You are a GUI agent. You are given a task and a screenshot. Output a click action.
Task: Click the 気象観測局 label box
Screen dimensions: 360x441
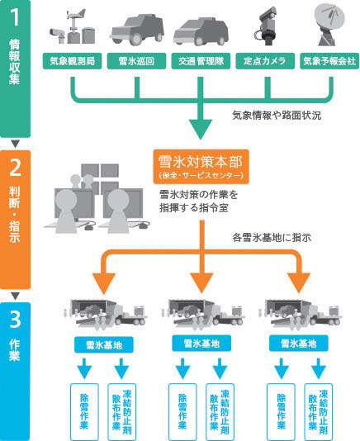click(x=72, y=61)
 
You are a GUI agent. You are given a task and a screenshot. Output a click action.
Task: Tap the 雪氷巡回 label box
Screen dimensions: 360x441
click(x=136, y=61)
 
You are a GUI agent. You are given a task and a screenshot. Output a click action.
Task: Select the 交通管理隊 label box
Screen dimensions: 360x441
click(x=201, y=61)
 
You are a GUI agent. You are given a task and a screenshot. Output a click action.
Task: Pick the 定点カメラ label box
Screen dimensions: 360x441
click(x=265, y=61)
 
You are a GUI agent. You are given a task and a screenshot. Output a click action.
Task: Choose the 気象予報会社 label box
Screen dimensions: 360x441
click(x=329, y=61)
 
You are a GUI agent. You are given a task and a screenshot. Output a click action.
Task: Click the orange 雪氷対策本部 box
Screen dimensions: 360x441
click(x=201, y=167)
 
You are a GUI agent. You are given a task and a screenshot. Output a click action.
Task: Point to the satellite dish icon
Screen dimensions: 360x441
click(x=329, y=25)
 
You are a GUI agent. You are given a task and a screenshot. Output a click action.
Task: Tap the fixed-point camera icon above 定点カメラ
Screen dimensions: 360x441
click(x=268, y=26)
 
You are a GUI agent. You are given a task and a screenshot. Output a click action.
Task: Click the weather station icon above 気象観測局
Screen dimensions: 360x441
click(x=73, y=26)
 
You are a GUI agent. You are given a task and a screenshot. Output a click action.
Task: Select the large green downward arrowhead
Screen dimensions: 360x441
click(x=201, y=130)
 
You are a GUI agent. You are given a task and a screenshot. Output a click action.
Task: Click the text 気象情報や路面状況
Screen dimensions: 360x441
click(x=277, y=116)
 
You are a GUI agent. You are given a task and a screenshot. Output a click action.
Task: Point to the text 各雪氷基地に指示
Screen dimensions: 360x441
click(x=272, y=238)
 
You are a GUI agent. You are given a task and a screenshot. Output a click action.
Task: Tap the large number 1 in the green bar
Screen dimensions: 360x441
click(x=15, y=17)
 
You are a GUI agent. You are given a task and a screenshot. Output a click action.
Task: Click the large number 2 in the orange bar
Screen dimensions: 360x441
click(x=15, y=167)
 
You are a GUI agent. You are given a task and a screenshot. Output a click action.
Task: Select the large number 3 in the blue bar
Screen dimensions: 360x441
click(x=15, y=320)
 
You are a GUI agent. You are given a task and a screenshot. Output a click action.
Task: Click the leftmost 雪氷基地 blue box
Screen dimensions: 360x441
click(x=104, y=345)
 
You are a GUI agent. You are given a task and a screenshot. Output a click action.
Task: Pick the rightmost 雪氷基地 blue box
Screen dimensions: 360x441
click(x=299, y=344)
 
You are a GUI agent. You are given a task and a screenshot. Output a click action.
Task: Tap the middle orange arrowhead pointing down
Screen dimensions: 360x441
click(x=201, y=283)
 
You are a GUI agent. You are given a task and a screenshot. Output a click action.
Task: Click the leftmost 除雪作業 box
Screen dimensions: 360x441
click(x=84, y=412)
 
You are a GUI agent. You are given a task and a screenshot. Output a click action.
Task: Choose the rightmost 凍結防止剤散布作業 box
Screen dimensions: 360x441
click(x=319, y=412)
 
